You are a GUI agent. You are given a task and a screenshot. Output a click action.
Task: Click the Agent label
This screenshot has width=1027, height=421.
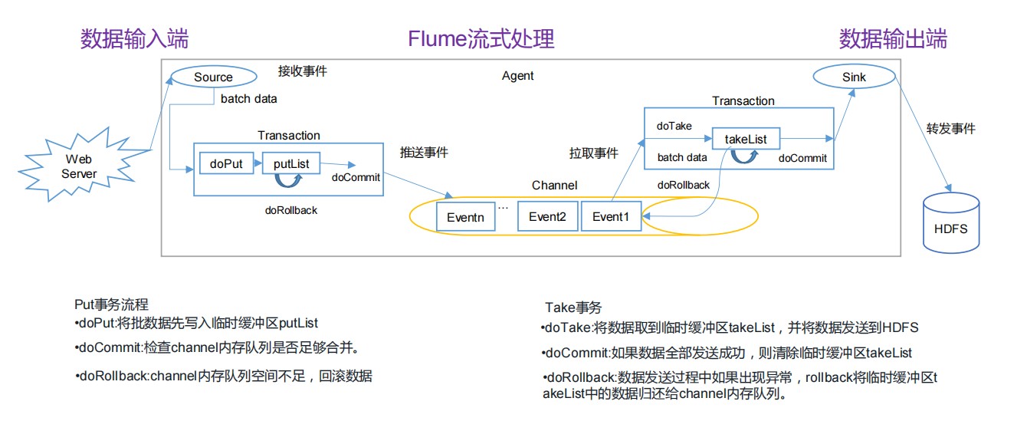point(517,76)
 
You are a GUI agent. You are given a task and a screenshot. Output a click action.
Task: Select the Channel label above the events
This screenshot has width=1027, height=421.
point(554,186)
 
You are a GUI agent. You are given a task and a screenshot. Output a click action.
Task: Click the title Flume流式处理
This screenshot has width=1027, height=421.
point(481,38)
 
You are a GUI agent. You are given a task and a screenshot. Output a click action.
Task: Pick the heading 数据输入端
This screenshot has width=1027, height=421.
point(134,38)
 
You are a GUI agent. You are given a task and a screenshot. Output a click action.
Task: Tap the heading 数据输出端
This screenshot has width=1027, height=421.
point(893,38)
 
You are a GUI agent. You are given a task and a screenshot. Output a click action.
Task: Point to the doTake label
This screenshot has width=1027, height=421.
point(674,126)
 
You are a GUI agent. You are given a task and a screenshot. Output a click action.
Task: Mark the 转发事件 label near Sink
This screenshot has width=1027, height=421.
point(951,128)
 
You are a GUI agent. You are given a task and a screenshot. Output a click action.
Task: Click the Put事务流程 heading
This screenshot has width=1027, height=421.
point(111,304)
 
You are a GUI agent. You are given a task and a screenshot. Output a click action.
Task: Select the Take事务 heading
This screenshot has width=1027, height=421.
point(573,308)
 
